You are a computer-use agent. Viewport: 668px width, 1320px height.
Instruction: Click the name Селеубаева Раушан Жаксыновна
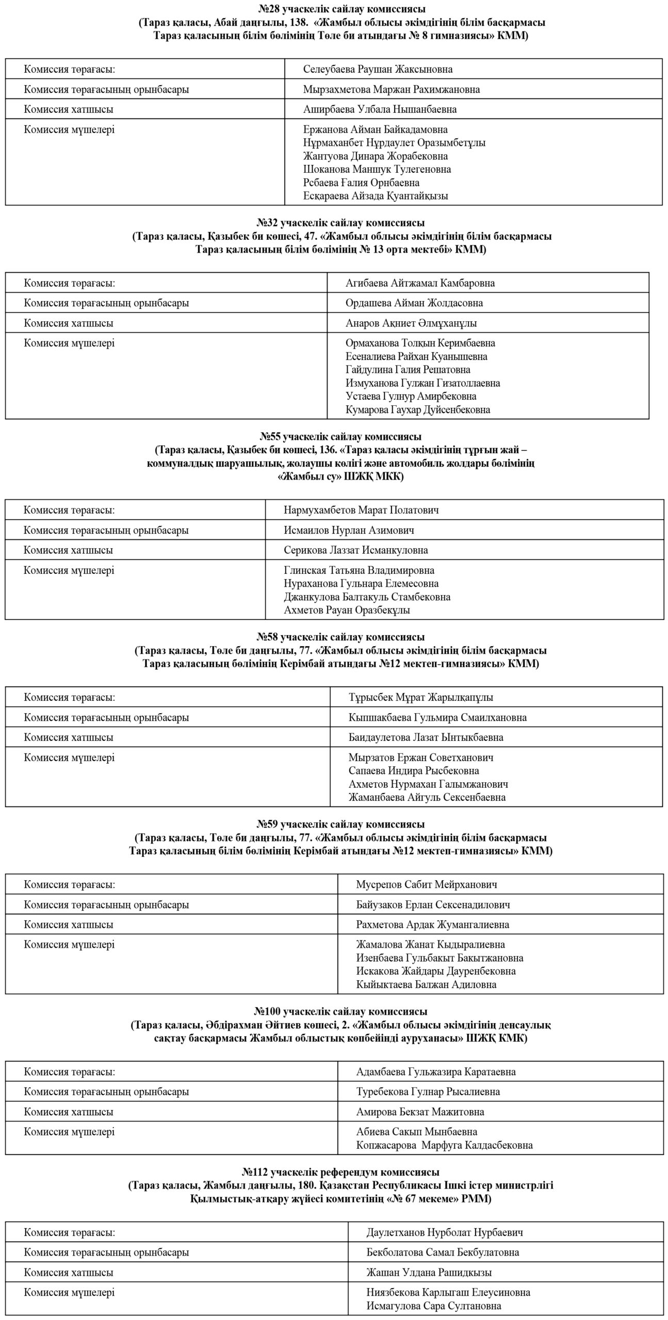(x=378, y=69)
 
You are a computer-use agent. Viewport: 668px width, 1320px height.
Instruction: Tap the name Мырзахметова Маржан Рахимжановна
(x=391, y=89)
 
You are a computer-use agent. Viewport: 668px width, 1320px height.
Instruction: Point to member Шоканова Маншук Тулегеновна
(x=377, y=169)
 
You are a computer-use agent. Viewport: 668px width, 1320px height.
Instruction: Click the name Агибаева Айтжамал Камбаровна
(x=420, y=283)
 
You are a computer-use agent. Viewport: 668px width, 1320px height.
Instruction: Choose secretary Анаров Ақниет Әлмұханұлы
(x=411, y=323)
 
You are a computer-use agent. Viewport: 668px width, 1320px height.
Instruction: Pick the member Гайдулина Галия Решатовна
(x=408, y=370)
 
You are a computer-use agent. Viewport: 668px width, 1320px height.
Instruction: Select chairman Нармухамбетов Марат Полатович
(x=361, y=510)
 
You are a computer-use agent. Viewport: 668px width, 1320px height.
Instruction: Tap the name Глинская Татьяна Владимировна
(x=359, y=570)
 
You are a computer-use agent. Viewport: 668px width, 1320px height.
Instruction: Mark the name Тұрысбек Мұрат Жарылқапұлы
(x=420, y=697)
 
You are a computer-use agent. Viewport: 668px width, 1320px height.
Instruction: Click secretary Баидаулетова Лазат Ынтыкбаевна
(x=426, y=737)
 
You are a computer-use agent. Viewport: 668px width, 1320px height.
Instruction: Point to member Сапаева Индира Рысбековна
(x=414, y=771)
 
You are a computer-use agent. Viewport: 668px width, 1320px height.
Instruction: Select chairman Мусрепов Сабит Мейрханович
(x=426, y=884)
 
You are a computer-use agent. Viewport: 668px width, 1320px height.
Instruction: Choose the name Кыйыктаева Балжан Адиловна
(x=426, y=984)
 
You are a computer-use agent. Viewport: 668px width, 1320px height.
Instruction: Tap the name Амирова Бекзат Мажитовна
(x=420, y=1112)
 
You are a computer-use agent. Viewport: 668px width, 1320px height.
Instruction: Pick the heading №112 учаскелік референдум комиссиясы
(x=340, y=1172)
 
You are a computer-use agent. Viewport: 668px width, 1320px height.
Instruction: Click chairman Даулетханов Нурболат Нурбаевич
(x=444, y=1232)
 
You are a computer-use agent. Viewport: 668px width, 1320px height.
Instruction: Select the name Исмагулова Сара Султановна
(x=433, y=1306)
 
